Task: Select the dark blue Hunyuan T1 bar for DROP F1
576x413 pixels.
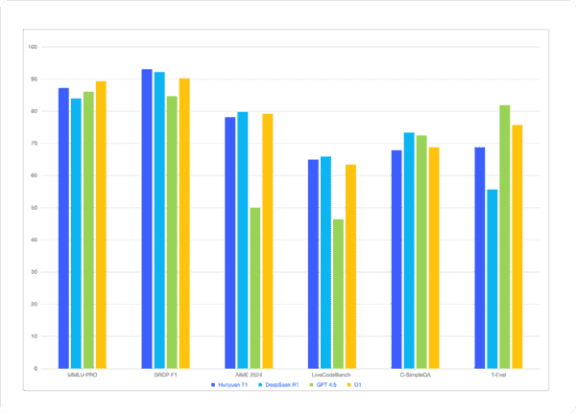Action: click(147, 218)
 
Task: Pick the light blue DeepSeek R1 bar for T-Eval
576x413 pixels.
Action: click(492, 279)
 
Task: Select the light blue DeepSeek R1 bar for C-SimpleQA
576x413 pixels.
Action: click(409, 250)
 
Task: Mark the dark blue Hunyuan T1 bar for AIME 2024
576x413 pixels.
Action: click(230, 242)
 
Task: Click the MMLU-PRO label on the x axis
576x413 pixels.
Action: click(83, 375)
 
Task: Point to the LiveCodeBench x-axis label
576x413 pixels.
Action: click(331, 375)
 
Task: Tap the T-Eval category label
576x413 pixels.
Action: click(498, 375)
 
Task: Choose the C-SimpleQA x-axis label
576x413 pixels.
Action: click(415, 375)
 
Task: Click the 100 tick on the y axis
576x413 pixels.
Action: click(34, 46)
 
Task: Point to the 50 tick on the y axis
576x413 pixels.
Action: click(35, 207)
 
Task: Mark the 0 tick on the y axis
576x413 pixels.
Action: click(36, 368)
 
